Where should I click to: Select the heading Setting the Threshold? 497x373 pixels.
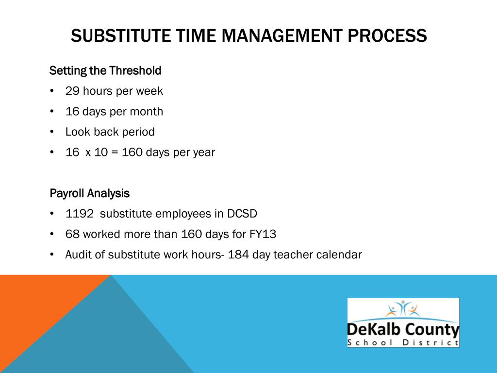105,71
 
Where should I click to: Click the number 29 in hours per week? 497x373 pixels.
72,91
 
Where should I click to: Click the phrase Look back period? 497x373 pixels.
110,132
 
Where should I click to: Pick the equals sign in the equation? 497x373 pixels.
115,153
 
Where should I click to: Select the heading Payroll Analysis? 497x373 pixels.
90,193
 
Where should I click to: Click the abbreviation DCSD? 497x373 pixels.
246,214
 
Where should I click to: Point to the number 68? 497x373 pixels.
72,234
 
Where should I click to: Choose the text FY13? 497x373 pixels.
263,234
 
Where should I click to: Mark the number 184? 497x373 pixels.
238,254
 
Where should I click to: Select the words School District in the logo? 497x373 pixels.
403,343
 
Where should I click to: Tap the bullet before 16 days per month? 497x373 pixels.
52,112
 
